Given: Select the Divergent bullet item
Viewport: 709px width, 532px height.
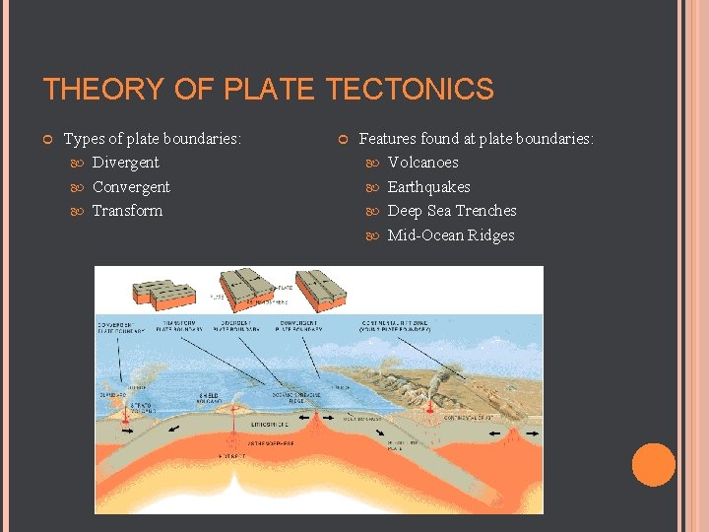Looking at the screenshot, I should pos(125,163).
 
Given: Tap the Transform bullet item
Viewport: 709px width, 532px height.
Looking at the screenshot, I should pos(127,211).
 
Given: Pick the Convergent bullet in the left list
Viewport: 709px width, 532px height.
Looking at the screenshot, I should pos(131,187).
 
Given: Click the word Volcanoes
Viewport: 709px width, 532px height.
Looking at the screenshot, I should pos(422,163).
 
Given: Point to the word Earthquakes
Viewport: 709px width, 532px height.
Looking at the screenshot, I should pos(428,187).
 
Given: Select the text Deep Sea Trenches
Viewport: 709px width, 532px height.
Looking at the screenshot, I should pos(451,211).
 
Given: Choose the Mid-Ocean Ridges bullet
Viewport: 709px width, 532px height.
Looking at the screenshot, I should pos(450,235).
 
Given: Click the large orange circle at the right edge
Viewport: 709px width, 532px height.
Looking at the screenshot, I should pos(654,465).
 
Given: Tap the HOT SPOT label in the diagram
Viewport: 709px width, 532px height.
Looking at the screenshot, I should pos(233,458).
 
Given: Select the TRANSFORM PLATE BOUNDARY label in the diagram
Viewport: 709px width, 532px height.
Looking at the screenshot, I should pos(177,325).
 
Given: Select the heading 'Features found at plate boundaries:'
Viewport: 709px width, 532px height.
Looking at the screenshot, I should pos(477,139).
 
